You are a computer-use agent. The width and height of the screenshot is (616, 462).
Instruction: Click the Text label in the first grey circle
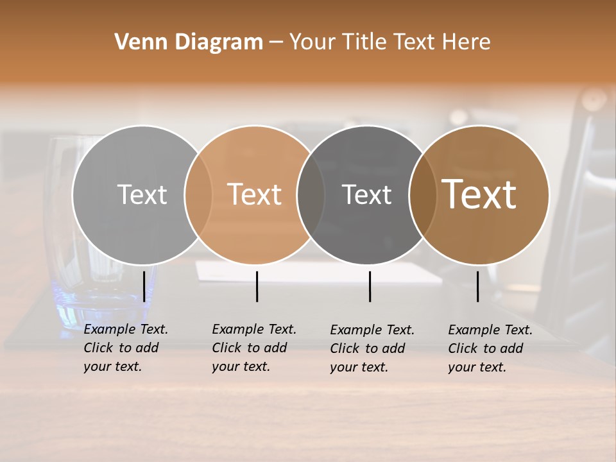tap(142, 194)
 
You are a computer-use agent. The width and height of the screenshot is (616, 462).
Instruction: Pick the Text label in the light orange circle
tap(254, 194)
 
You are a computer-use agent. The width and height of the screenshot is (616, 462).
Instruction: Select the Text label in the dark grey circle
tap(366, 194)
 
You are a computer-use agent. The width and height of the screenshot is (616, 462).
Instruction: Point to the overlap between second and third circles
tap(311, 194)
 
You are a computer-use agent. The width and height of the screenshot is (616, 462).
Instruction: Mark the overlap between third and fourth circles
tap(422, 194)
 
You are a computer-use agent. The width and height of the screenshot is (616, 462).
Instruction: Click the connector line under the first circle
tap(144, 286)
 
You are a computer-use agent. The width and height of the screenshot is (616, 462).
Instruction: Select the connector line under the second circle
tap(257, 286)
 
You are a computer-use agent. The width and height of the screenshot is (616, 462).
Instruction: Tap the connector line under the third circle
tap(370, 286)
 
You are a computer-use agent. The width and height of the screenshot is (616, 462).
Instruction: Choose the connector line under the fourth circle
tap(477, 286)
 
